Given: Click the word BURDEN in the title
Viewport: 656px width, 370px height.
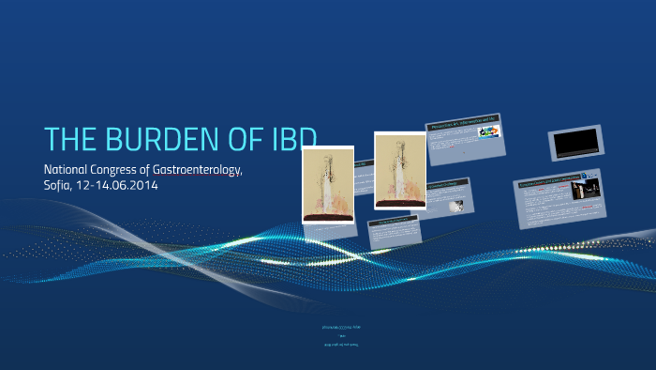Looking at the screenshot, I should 155,139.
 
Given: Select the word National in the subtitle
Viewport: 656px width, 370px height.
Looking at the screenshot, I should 69,169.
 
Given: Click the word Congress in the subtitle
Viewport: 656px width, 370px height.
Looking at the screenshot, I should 126,170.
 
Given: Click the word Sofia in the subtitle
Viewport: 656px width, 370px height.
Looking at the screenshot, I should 59,185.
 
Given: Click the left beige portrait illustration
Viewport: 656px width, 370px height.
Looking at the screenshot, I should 328,184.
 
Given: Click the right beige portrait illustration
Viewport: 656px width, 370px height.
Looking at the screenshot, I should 400,170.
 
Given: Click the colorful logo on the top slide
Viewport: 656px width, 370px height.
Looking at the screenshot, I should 489,132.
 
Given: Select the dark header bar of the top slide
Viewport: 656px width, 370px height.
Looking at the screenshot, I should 463,123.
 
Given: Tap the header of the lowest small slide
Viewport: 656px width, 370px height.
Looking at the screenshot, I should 392,223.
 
